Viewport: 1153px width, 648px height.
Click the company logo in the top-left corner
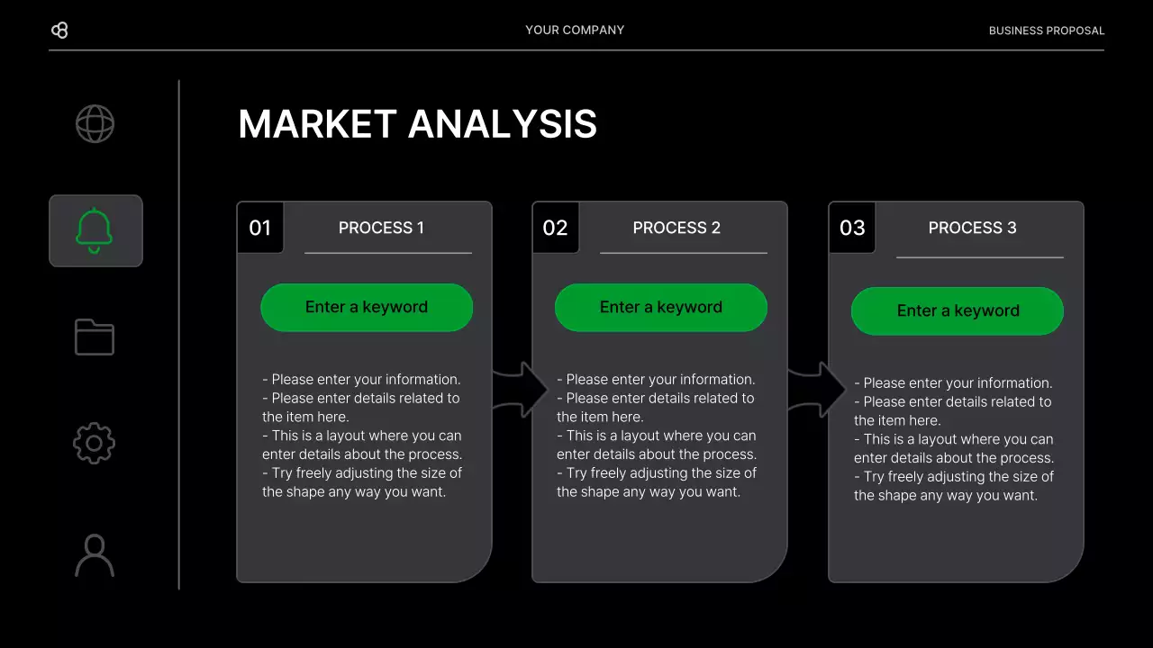[59, 31]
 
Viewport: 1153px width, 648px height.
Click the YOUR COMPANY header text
[575, 30]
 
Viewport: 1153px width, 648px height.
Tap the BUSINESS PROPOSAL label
[1046, 31]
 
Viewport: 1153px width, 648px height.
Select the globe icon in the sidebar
[95, 124]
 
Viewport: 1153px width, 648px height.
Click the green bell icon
[95, 230]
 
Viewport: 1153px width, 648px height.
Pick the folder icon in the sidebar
[95, 337]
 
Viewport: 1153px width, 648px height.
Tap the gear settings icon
[95, 444]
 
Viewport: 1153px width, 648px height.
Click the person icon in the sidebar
[95, 555]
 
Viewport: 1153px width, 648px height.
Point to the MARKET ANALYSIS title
[417, 124]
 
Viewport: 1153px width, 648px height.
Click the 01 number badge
[259, 228]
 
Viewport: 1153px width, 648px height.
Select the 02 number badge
[555, 228]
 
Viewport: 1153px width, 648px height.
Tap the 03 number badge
[851, 228]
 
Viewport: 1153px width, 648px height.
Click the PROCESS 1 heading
[381, 228]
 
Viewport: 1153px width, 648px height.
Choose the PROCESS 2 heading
[676, 228]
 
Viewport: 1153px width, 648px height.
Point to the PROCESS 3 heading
[972, 228]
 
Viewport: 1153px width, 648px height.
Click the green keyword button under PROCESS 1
[367, 307]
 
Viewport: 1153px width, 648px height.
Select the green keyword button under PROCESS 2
[661, 307]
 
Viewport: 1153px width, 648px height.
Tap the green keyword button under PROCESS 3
[958, 310]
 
